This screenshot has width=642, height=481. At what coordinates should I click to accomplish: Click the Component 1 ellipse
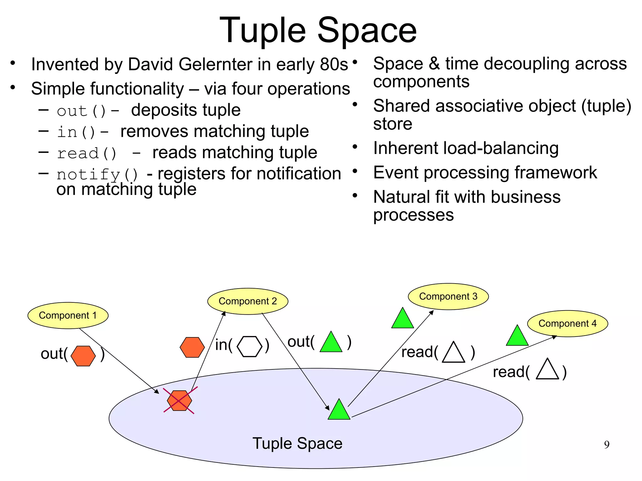[68, 315]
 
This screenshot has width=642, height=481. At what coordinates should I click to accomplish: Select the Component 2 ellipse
[248, 301]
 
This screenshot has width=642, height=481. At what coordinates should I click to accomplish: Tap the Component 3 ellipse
[448, 296]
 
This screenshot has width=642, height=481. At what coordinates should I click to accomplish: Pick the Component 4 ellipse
[567, 323]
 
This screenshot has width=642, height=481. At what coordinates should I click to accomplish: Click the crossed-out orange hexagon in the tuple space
[179, 400]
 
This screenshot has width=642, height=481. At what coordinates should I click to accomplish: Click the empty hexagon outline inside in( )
[250, 346]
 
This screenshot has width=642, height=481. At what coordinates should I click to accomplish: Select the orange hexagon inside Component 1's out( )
[83, 356]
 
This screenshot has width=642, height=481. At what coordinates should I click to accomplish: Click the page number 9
[607, 445]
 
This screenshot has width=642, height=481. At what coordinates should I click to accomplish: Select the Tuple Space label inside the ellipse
[297, 443]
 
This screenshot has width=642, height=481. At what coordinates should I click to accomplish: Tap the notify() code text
[97, 174]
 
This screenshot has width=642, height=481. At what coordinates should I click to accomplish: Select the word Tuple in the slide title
[263, 31]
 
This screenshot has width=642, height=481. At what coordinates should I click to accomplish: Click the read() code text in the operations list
[87, 153]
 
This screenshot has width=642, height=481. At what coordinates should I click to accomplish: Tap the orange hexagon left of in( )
[192, 347]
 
